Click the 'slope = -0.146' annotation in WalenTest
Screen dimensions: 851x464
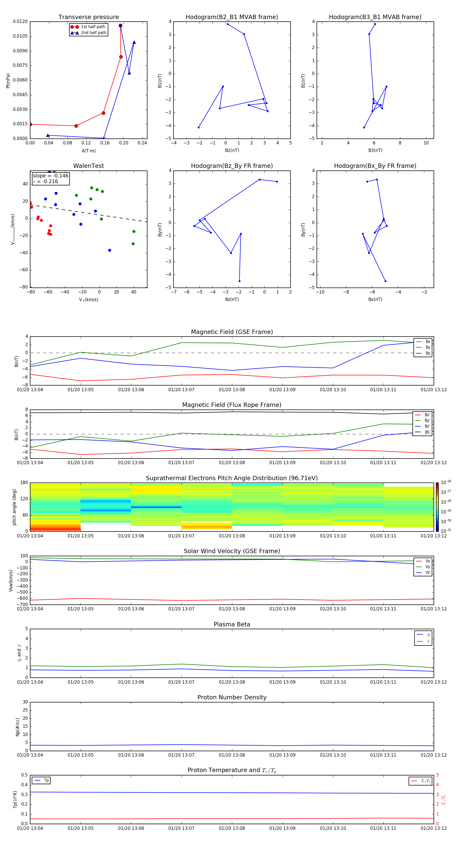[51, 176]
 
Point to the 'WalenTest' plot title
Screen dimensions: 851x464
[88, 166]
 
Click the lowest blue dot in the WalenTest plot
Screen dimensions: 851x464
[110, 250]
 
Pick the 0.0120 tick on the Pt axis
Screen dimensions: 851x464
[20, 21]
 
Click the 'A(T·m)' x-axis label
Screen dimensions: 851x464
[88, 151]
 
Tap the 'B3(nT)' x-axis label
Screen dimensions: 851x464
[375, 150]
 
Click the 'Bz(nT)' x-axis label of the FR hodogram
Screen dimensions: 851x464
[232, 299]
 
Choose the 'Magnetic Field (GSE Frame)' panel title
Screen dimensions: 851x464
[232, 332]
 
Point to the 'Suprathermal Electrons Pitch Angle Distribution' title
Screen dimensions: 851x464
[232, 478]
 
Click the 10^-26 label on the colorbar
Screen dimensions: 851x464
[445, 482]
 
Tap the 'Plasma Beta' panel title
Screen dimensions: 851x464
[232, 624]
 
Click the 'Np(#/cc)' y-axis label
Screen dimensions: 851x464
[18, 727]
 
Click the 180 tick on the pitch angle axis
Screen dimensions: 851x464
[24, 483]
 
